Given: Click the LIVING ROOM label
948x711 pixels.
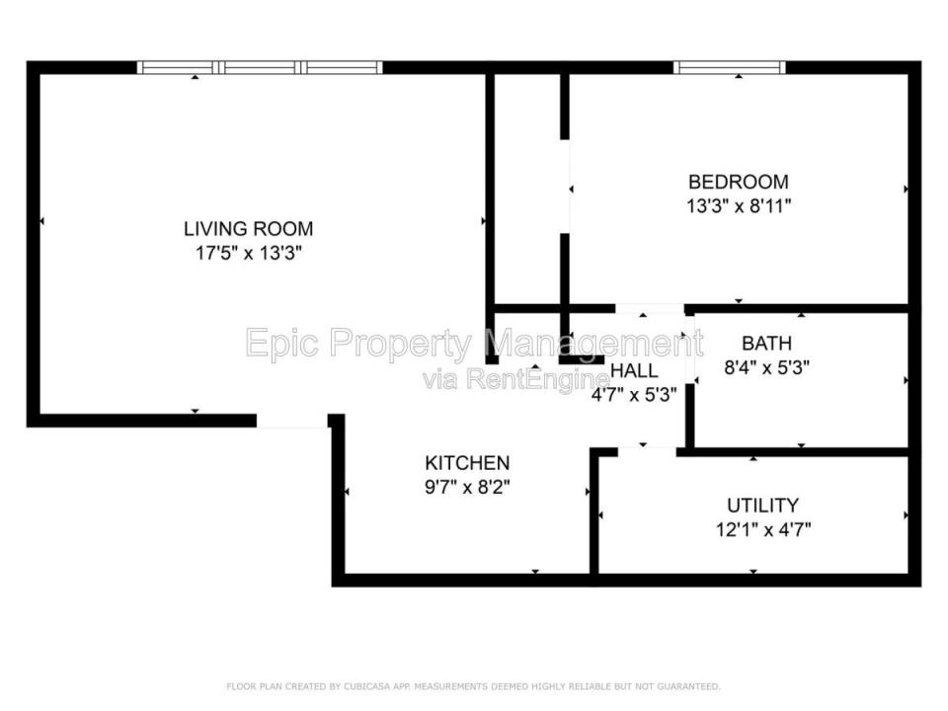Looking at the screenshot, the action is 249,228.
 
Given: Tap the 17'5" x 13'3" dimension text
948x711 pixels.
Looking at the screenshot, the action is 249,253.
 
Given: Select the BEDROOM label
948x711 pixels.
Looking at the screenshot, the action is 739,182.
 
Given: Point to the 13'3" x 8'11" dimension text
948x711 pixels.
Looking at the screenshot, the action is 739,206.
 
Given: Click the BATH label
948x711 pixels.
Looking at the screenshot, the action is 766,344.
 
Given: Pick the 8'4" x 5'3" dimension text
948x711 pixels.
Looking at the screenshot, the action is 766,367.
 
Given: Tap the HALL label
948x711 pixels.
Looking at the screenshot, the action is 634,370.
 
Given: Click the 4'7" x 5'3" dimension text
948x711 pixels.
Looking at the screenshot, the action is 634,395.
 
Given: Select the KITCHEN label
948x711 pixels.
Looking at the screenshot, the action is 467,463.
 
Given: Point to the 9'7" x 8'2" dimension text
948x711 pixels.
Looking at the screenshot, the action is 467,487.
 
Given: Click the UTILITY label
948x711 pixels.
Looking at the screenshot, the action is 762,506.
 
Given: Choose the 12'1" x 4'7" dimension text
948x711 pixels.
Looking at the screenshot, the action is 763,530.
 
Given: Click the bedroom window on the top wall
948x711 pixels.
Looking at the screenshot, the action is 730,67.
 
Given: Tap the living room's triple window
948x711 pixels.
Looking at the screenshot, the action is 260,67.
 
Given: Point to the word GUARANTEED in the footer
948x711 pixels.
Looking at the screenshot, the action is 688,686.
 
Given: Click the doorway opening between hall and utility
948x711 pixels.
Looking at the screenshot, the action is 647,450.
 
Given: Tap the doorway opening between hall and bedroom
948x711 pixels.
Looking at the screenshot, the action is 650,309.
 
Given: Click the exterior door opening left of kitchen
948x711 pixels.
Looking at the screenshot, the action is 292,422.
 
